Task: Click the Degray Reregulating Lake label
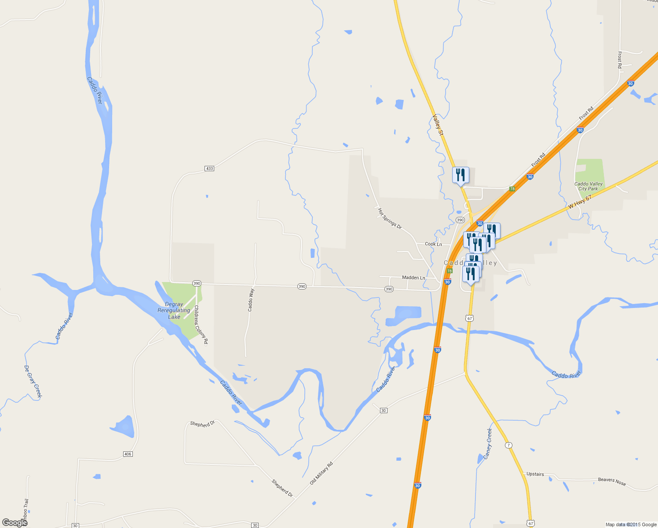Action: (x=174, y=310)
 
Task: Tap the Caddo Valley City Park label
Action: (x=588, y=187)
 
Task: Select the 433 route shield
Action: (x=209, y=169)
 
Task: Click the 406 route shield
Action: (x=128, y=454)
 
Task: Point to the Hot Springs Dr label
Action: (x=390, y=218)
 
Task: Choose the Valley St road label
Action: (x=438, y=125)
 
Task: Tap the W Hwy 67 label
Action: (x=580, y=202)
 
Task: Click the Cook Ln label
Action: (x=433, y=244)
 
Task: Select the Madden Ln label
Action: (x=413, y=278)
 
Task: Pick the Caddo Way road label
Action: (x=251, y=300)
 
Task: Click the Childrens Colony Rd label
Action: (x=201, y=324)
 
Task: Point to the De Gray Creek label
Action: (x=33, y=381)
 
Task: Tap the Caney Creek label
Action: (x=488, y=444)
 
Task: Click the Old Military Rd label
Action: (x=322, y=473)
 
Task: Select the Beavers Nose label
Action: (x=612, y=481)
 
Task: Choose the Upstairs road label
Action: (x=535, y=474)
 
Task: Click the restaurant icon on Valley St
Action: (x=461, y=175)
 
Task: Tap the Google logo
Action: (x=15, y=523)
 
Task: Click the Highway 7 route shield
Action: (x=509, y=445)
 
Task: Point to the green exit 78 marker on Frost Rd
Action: (x=512, y=189)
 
